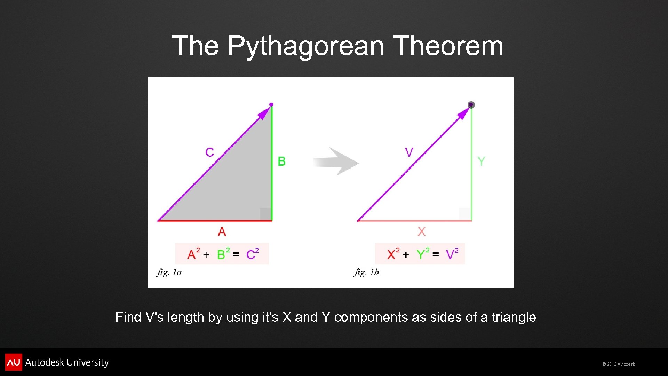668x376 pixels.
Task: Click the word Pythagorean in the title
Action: pos(306,46)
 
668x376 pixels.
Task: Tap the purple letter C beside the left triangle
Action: pos(209,152)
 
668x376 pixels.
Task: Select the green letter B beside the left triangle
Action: pos(281,162)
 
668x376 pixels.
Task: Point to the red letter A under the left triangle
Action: pos(222,232)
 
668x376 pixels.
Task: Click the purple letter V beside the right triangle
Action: pos(409,152)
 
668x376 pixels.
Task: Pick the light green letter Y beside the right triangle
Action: pos(481,162)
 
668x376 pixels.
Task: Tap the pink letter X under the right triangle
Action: pos(421,232)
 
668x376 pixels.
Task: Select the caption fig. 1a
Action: pos(169,272)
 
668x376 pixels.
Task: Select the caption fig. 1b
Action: pos(367,272)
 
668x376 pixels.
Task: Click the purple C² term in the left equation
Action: pos(252,254)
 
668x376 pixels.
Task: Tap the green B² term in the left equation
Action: pos(223,254)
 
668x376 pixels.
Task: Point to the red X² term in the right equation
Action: pos(393,254)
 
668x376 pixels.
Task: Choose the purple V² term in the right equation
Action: pos(452,254)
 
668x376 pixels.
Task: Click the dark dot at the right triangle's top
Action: pos(471,105)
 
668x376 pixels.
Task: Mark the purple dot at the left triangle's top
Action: pos(271,104)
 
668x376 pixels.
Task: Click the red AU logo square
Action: pos(14,362)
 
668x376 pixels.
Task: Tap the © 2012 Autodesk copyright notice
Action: pos(619,364)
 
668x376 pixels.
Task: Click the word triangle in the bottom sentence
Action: pos(514,317)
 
